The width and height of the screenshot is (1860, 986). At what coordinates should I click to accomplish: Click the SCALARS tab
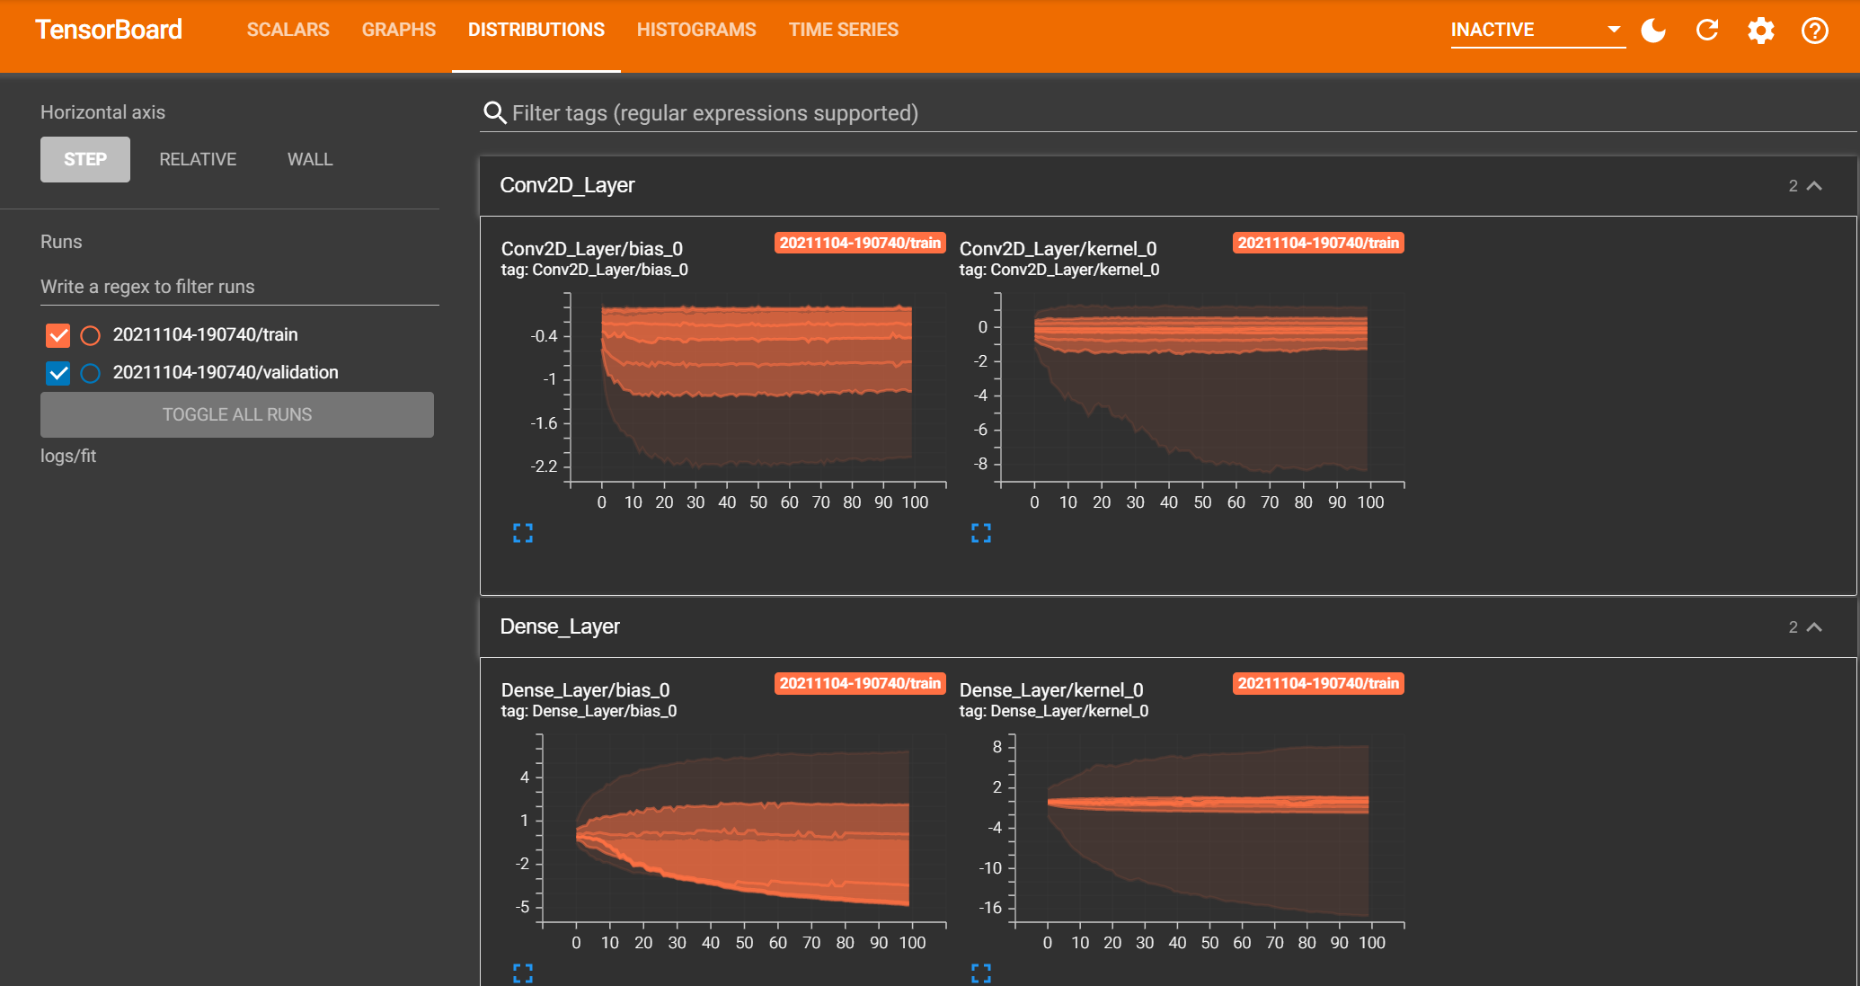pyautogui.click(x=288, y=30)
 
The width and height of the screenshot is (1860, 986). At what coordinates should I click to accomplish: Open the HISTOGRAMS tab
pyautogui.click(x=695, y=30)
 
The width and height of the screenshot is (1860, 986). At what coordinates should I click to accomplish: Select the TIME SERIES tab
pyautogui.click(x=843, y=30)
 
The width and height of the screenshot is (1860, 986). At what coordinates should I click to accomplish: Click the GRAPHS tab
pyautogui.click(x=398, y=30)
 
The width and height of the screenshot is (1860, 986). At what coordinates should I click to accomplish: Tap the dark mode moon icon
pyautogui.click(x=1652, y=31)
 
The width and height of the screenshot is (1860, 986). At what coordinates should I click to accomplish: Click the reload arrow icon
pyautogui.click(x=1706, y=31)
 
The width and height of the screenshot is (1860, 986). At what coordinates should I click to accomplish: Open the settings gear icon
pyautogui.click(x=1760, y=31)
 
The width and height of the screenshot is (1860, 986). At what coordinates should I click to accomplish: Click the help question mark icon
pyautogui.click(x=1814, y=31)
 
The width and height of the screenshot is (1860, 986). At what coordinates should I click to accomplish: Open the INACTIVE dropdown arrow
pyautogui.click(x=1614, y=30)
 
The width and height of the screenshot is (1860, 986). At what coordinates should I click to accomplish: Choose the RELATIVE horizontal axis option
pyautogui.click(x=198, y=159)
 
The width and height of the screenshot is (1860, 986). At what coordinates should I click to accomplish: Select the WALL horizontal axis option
pyautogui.click(x=309, y=159)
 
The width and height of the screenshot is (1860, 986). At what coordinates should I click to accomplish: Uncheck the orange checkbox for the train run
pyautogui.click(x=58, y=335)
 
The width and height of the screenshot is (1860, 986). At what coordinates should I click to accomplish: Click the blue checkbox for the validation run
pyautogui.click(x=58, y=373)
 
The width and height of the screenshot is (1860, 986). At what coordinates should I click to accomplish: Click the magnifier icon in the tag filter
pyautogui.click(x=494, y=112)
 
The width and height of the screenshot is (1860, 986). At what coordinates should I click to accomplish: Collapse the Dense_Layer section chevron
pyautogui.click(x=1814, y=627)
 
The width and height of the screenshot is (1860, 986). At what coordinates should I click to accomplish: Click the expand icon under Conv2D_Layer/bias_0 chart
pyautogui.click(x=523, y=533)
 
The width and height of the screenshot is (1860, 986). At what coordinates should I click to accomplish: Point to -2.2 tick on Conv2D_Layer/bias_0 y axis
pyautogui.click(x=545, y=466)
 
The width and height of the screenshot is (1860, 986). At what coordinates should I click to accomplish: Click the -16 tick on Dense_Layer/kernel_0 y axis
pyautogui.click(x=990, y=908)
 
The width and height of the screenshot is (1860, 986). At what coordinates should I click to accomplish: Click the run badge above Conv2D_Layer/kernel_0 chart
pyautogui.click(x=1317, y=243)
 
